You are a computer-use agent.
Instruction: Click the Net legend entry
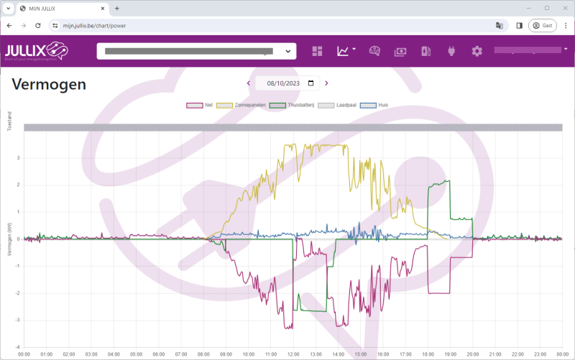[201, 105]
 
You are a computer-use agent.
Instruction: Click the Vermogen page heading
[49, 85]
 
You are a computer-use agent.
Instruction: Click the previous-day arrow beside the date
[249, 83]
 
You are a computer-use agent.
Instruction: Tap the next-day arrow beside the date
[326, 83]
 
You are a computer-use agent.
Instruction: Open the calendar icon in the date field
[310, 83]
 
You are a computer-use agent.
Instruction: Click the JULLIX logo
[35, 51]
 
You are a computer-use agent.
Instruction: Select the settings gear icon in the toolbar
[477, 51]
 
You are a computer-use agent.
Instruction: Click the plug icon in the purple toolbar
[451, 51]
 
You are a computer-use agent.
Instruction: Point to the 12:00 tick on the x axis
[293, 354]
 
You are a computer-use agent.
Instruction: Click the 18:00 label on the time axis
[428, 354]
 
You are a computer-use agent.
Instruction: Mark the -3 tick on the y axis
[18, 320]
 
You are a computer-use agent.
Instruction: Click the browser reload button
[37, 25]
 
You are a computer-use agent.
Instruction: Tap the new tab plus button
[117, 8]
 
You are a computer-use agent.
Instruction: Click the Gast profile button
[543, 25]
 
